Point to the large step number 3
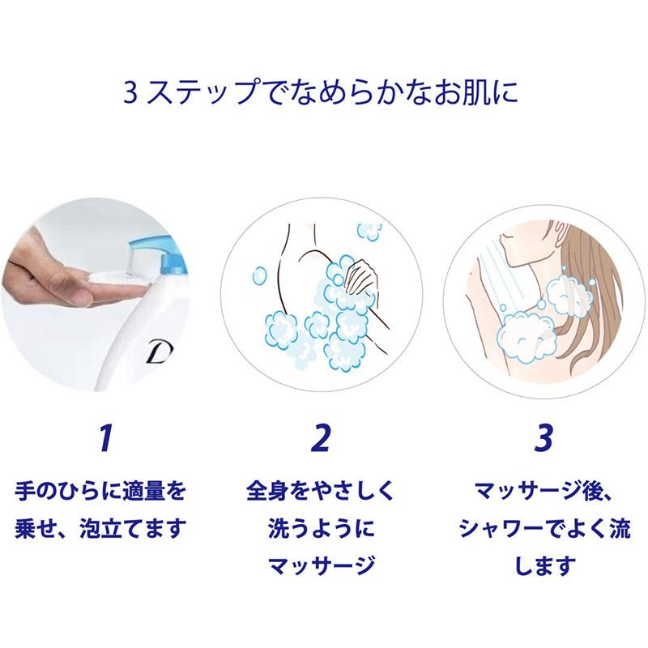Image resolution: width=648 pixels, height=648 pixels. point(543,438)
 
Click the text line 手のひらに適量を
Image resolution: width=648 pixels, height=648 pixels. point(100,492)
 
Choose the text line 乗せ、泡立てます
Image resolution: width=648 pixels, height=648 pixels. point(100,528)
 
